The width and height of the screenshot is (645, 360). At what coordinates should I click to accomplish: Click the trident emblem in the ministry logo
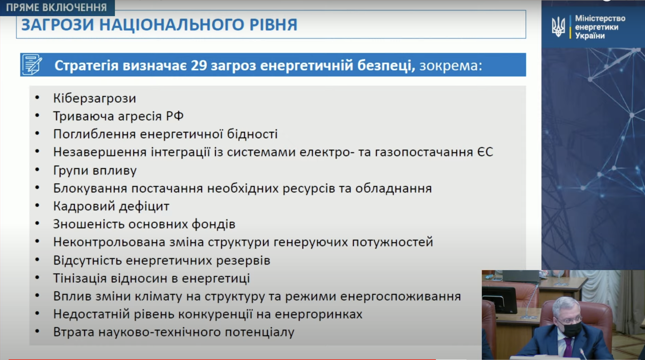coord(558,27)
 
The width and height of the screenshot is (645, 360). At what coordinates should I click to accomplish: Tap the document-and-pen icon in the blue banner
coord(32,65)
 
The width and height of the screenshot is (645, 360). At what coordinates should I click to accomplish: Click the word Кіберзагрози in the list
coord(95,98)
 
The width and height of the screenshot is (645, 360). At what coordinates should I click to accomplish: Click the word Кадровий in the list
coord(84,206)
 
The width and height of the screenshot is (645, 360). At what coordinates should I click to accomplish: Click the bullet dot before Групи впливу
coord(37,170)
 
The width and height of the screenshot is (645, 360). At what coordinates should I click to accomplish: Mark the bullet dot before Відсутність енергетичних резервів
coord(37,260)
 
